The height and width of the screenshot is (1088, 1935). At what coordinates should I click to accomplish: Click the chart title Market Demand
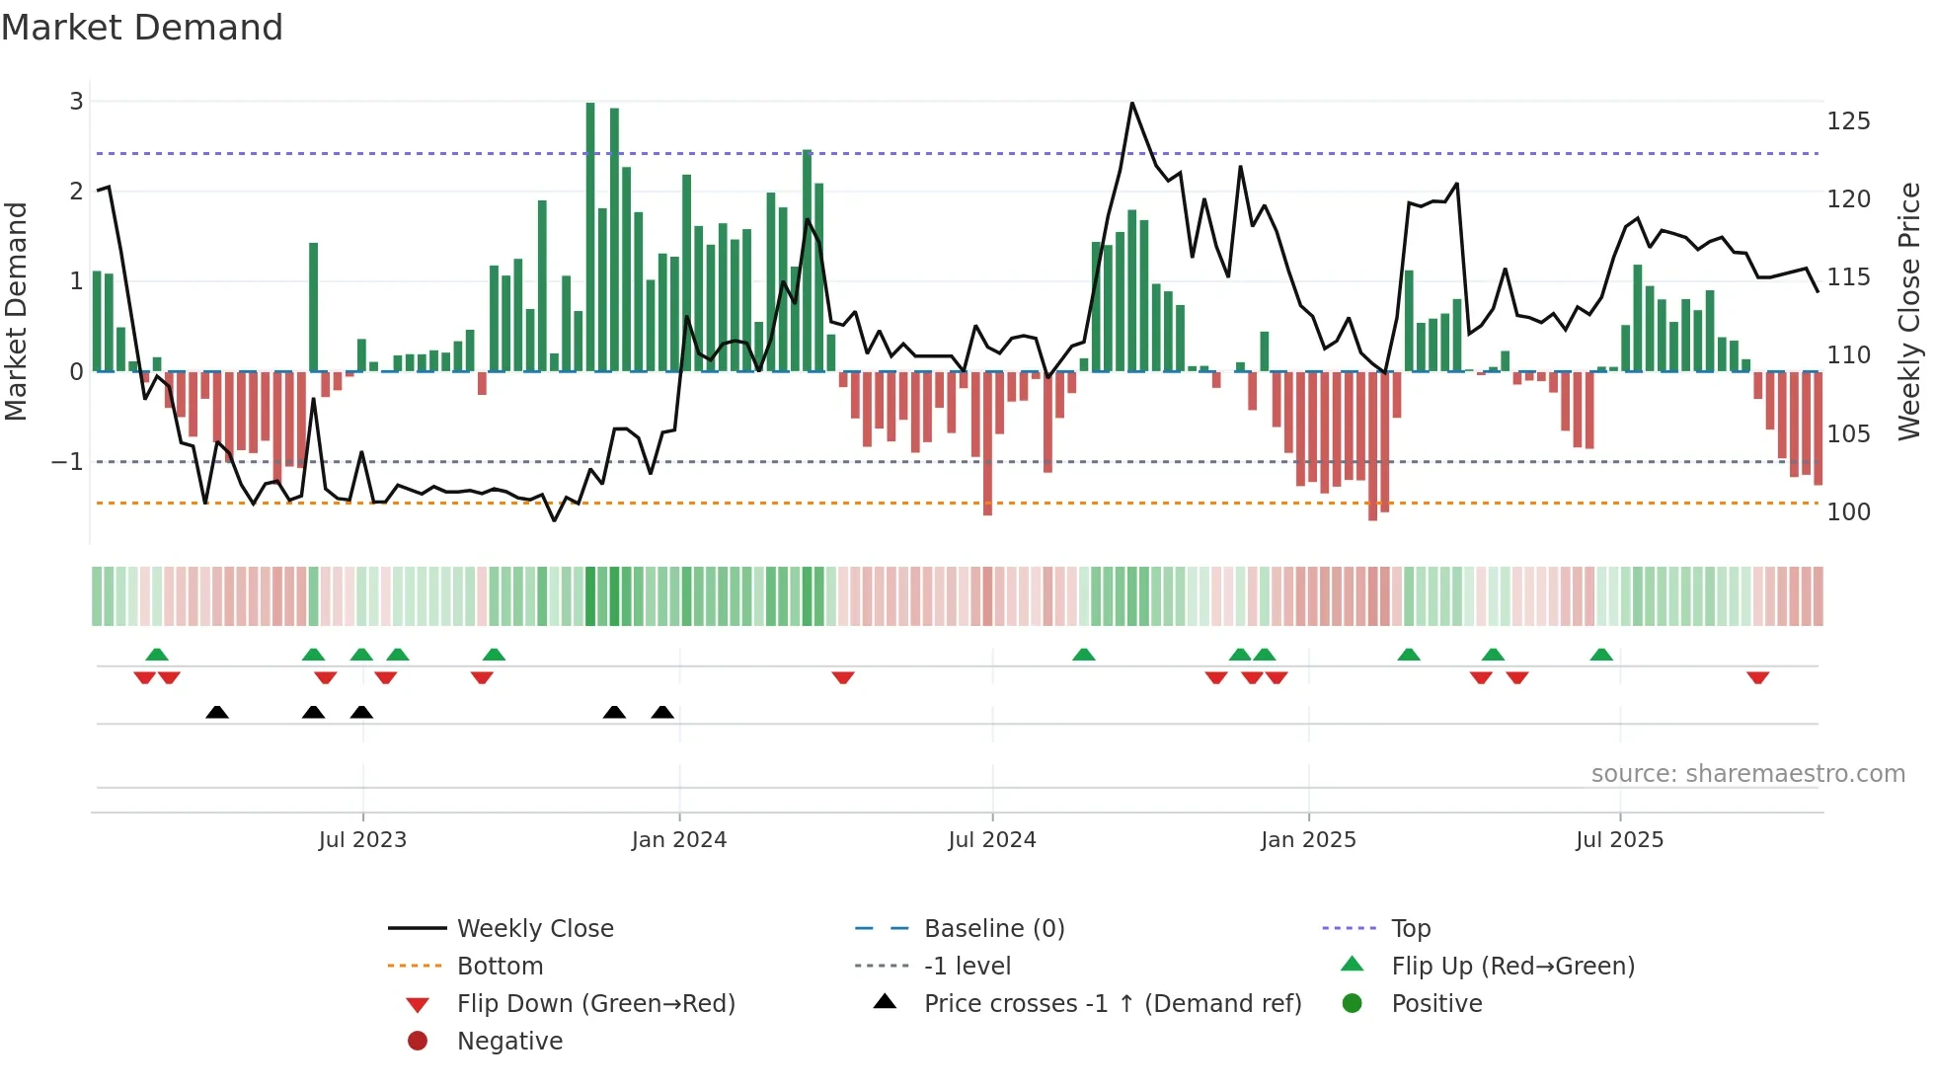coord(142,28)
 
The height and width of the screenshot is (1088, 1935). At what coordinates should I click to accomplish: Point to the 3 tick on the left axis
coord(76,101)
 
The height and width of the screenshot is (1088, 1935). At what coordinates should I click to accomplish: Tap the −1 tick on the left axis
coord(67,462)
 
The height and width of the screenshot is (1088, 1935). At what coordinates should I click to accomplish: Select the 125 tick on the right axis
coord(1848,121)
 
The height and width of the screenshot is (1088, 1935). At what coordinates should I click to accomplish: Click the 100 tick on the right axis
coord(1848,512)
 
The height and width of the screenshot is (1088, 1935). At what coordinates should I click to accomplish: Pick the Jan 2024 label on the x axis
coord(678,840)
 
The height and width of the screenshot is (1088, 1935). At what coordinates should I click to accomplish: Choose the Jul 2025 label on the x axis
coord(1619,840)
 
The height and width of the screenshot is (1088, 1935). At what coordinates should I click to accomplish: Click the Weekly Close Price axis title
coord(1909,311)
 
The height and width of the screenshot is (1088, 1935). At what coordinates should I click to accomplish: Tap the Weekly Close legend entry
coord(534,929)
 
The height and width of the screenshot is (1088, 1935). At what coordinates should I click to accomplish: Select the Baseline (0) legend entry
coord(993,929)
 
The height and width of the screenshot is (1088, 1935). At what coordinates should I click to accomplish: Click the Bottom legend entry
coord(500,967)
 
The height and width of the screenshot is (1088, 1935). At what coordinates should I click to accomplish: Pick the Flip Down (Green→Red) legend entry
coord(595,1004)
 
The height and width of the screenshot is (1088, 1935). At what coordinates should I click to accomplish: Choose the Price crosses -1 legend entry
coord(1112,1004)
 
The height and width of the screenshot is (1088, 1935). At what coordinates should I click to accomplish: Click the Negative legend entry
coord(509,1042)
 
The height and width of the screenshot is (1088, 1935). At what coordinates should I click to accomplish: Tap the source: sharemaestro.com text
coord(1747,774)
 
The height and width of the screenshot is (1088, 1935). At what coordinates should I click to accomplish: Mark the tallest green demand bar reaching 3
coord(590,237)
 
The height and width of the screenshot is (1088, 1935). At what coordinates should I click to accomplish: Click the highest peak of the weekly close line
coord(1132,104)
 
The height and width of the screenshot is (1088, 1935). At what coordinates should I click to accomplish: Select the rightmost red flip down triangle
coord(1757,677)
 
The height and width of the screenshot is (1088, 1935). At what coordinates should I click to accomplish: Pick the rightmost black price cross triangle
coord(662,712)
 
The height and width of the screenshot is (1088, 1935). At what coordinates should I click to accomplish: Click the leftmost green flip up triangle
coord(157,654)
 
